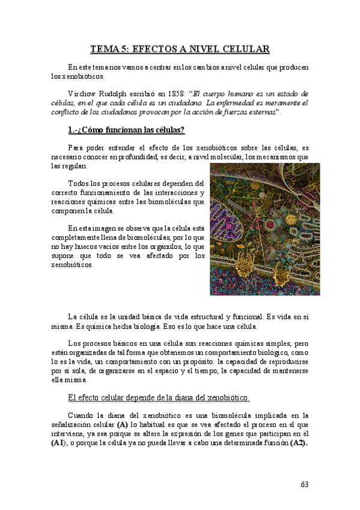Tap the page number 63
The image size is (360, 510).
tap(304, 484)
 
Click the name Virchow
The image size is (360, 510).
tap(81, 94)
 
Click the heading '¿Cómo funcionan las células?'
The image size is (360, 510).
tap(127, 130)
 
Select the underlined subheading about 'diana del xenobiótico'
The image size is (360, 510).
tap(159, 398)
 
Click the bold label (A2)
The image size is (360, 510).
tap(298, 443)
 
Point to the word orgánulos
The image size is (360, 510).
tap(155, 246)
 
